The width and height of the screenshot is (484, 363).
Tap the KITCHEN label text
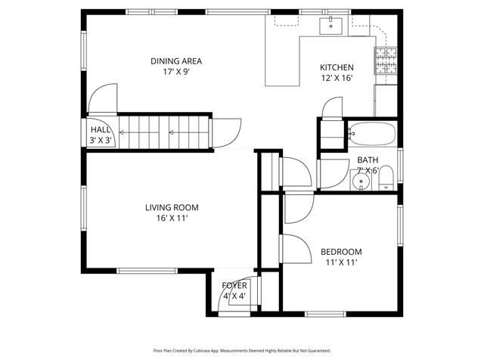337,67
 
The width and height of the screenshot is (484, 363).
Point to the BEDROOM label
341,252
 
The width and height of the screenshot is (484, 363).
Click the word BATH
368,160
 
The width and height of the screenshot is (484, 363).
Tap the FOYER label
234,285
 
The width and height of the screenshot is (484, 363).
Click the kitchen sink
331,26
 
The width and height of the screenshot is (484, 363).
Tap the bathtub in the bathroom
371,135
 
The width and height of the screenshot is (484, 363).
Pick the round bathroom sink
362,181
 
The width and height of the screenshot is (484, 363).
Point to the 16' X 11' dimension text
166,218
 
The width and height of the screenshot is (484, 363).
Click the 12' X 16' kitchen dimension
337,77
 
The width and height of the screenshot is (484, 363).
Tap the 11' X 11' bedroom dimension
341,262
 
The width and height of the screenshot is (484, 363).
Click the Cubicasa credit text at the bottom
242,350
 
